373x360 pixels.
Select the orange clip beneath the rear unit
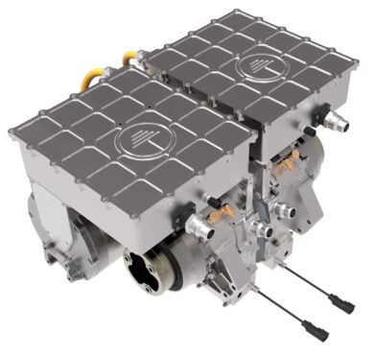click(x=286, y=166)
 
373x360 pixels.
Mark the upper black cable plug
click(x=344, y=306)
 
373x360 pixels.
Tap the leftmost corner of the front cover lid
click(x=11, y=132)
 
